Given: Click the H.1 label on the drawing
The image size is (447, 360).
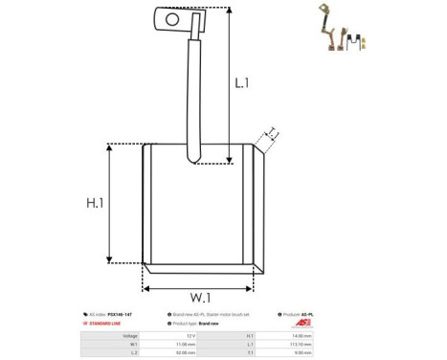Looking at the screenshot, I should coord(96,204).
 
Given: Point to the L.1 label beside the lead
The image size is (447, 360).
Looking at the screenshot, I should coord(243,83).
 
